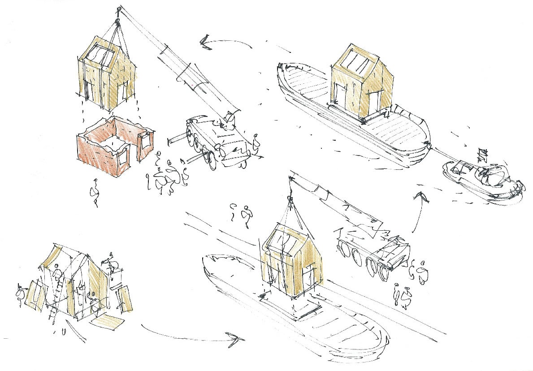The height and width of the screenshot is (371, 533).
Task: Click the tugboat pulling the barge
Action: click(482, 179)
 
